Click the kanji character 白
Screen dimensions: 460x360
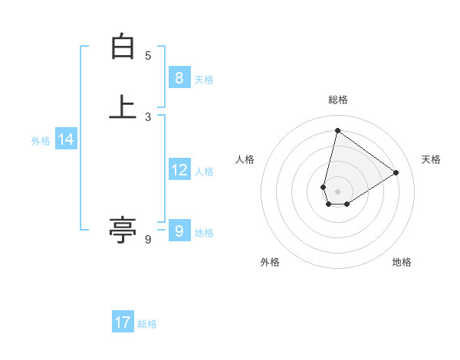[x=123, y=47]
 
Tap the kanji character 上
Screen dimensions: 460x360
[x=123, y=106]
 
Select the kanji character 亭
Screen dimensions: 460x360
[x=123, y=229]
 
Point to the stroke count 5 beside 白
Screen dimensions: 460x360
[x=148, y=56]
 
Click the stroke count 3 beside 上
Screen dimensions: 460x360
[x=148, y=116]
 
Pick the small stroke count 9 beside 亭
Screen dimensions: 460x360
[x=148, y=240]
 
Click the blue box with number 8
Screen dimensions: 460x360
[x=179, y=77]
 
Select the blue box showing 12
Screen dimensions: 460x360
[x=179, y=170]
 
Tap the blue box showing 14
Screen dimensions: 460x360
[x=65, y=139]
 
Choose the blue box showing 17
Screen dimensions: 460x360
[x=123, y=322]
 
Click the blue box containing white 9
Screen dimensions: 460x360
[x=179, y=231]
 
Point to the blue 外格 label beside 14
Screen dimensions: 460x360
[x=41, y=141]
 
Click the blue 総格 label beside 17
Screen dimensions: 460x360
[x=147, y=324]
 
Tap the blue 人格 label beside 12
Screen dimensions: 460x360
[x=204, y=172]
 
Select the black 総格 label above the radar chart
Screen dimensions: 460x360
[x=338, y=100]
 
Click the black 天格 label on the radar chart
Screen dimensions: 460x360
[x=431, y=159]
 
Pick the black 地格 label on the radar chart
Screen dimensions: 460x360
[x=402, y=262]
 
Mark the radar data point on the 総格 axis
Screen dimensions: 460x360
[x=337, y=130]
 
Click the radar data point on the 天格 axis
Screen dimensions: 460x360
[x=396, y=172]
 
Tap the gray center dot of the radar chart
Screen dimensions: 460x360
[x=337, y=191]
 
